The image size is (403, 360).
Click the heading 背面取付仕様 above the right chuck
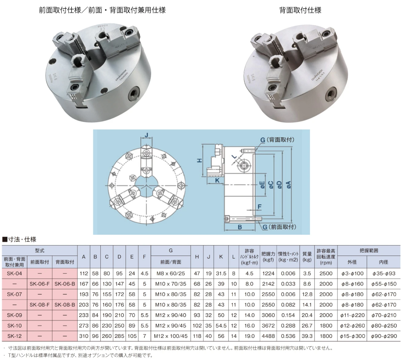tap(300, 10)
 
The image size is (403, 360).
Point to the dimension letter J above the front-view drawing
tap(147, 135)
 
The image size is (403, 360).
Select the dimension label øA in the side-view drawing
tap(289, 185)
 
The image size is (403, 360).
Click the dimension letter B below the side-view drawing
tap(240, 227)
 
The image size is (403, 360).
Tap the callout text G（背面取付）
tap(277, 140)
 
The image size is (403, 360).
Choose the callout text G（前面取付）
tap(280, 227)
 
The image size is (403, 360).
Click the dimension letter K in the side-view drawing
tap(217, 180)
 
